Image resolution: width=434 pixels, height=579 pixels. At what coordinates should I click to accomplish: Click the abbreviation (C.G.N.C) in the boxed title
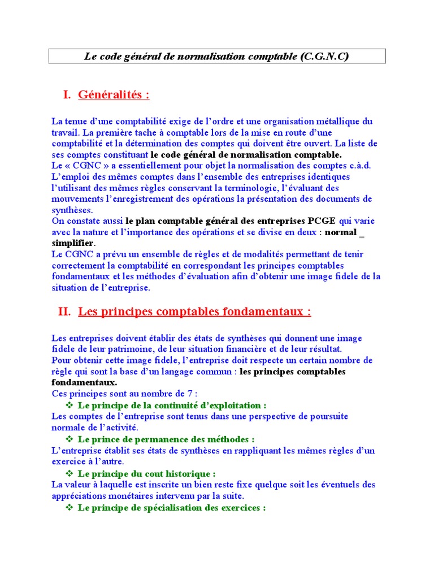coord(325,57)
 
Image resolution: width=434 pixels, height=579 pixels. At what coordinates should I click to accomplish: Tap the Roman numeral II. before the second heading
coord(64,312)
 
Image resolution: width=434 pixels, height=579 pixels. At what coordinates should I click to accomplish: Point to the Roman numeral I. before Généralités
coord(67,94)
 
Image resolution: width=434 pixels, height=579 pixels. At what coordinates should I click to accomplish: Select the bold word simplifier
coord(73,243)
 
